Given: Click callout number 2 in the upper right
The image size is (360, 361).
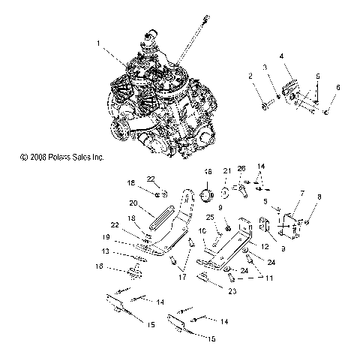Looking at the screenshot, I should [x=250, y=76].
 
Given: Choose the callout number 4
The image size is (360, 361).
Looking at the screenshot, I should [x=281, y=56].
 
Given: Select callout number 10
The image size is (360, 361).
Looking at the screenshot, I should [x=202, y=232].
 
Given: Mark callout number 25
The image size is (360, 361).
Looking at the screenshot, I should [x=211, y=217].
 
